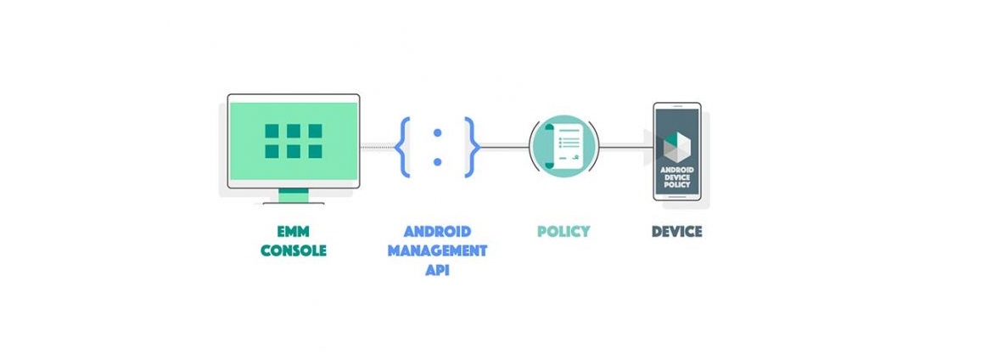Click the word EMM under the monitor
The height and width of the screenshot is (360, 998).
(x=294, y=231)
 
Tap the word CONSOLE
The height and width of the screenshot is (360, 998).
(x=294, y=250)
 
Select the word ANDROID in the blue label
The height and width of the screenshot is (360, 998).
(x=437, y=231)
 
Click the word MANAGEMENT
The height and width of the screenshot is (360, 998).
(x=437, y=250)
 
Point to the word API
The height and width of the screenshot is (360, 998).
(x=437, y=269)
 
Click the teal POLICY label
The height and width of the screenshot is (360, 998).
(x=563, y=231)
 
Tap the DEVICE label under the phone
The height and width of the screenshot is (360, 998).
(x=676, y=231)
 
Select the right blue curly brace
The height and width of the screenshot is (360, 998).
(x=472, y=147)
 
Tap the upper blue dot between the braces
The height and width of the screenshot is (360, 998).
(x=437, y=132)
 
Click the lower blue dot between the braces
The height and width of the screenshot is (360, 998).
(x=437, y=162)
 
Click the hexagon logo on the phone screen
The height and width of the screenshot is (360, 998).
(x=676, y=147)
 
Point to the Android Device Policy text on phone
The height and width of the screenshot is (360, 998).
(x=676, y=177)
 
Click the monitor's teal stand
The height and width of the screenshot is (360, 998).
(x=294, y=195)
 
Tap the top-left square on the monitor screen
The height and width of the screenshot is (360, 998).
(x=272, y=131)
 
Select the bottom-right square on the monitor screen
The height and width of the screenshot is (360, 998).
(x=315, y=151)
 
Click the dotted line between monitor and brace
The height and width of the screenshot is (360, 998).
(x=377, y=147)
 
